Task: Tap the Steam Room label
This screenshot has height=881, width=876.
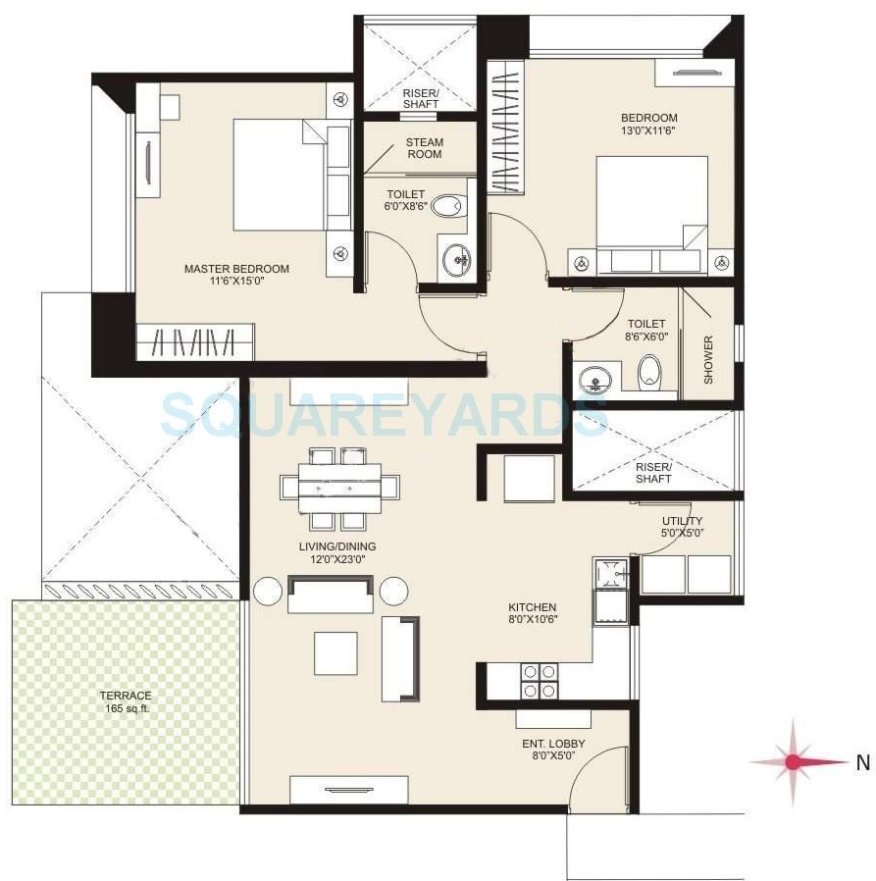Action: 424,148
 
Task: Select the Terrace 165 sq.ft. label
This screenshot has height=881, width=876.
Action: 125,700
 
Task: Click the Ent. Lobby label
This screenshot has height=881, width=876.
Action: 553,750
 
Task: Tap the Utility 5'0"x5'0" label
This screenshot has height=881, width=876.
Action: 682,527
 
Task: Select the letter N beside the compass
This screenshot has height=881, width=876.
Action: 862,761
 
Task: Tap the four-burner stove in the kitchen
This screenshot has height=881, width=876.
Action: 539,682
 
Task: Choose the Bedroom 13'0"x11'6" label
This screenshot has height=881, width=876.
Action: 648,124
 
